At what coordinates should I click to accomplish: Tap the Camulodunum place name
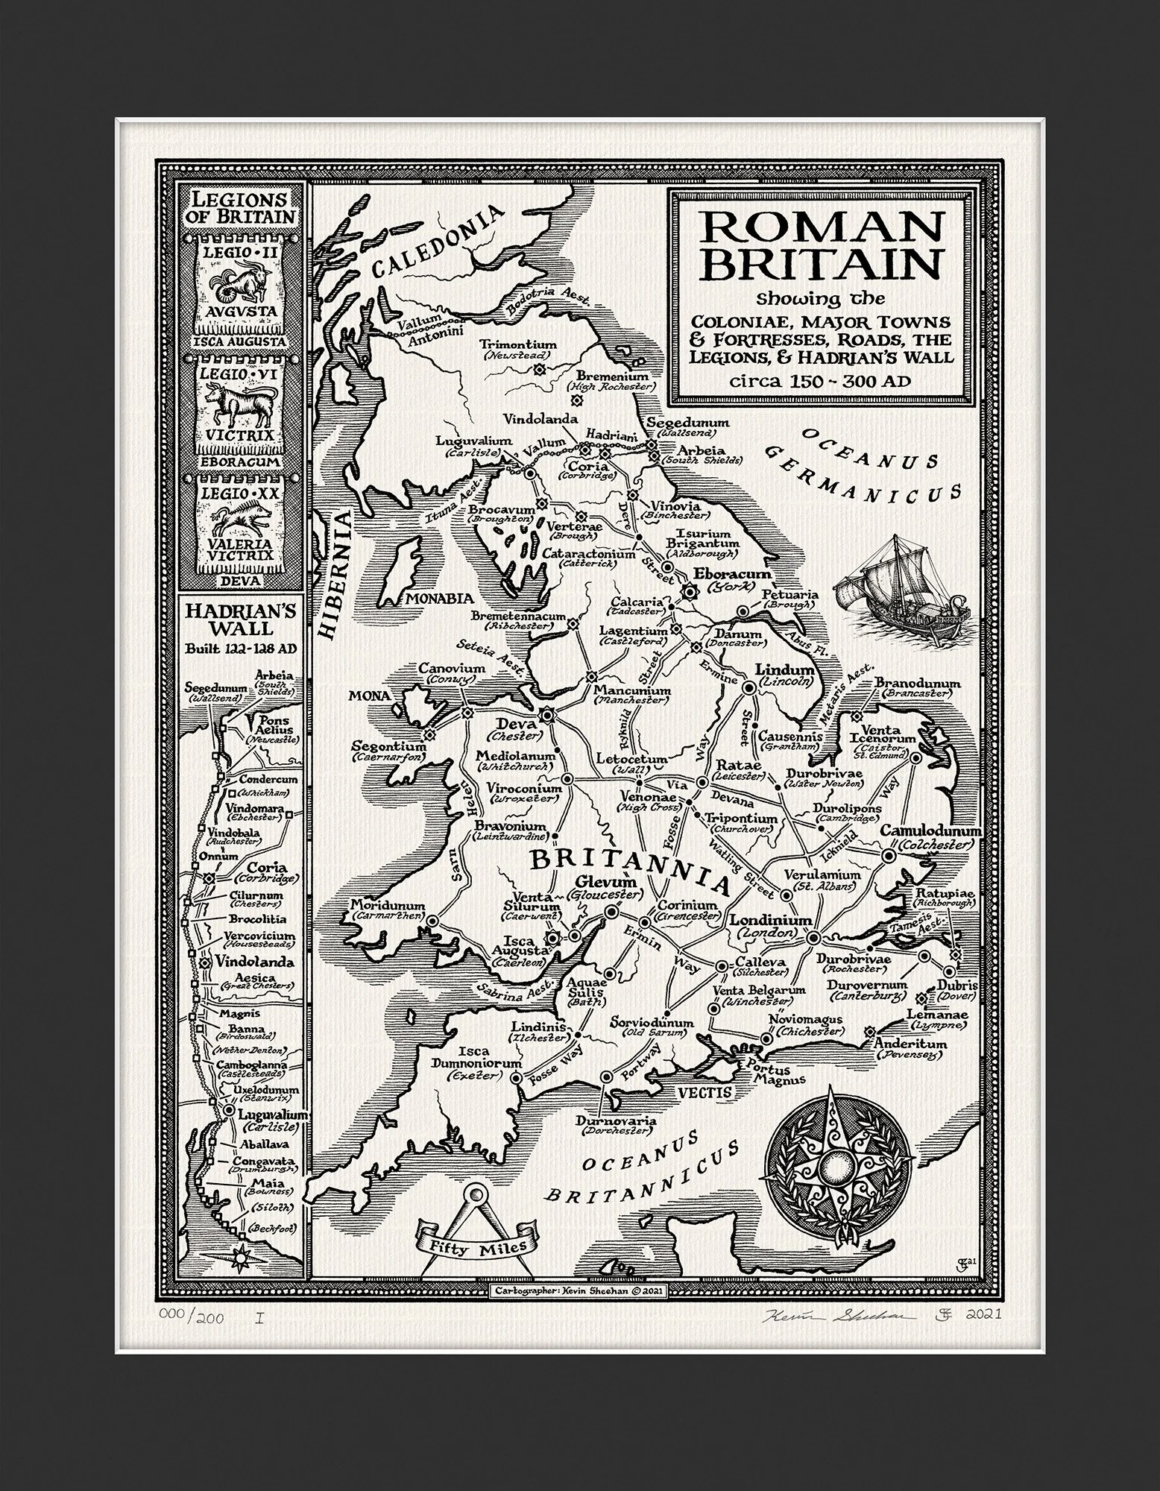pyautogui.click(x=931, y=831)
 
